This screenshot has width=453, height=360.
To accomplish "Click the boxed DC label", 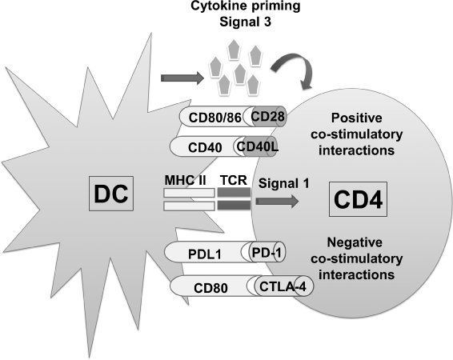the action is click(x=111, y=194).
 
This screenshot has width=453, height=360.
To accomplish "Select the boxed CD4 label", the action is click(x=359, y=199).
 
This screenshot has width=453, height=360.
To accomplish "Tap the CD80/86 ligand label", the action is click(x=215, y=118).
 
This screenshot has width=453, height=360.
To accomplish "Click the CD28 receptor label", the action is click(x=267, y=116).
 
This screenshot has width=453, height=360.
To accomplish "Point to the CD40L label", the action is click(x=258, y=146).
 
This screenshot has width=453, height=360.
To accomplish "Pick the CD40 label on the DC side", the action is click(x=205, y=147).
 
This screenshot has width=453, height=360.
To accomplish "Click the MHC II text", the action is click(x=185, y=181).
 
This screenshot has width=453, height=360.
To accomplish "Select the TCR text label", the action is click(x=234, y=180).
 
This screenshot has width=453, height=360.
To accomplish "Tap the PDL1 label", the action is click(x=205, y=254).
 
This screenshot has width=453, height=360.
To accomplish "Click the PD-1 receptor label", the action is click(x=267, y=252).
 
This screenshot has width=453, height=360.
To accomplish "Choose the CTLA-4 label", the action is click(x=283, y=286).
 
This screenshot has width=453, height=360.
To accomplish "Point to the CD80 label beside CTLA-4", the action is click(x=210, y=288).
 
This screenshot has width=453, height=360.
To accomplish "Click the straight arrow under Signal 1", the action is click(x=278, y=202).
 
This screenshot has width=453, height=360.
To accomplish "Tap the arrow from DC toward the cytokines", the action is click(x=182, y=78).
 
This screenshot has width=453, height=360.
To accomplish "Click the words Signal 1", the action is click(x=283, y=183).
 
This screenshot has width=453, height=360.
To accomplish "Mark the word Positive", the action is click(x=357, y=118).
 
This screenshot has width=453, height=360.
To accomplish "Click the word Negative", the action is click(x=355, y=242).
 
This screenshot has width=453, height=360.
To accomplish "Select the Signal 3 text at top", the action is click(x=245, y=22).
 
